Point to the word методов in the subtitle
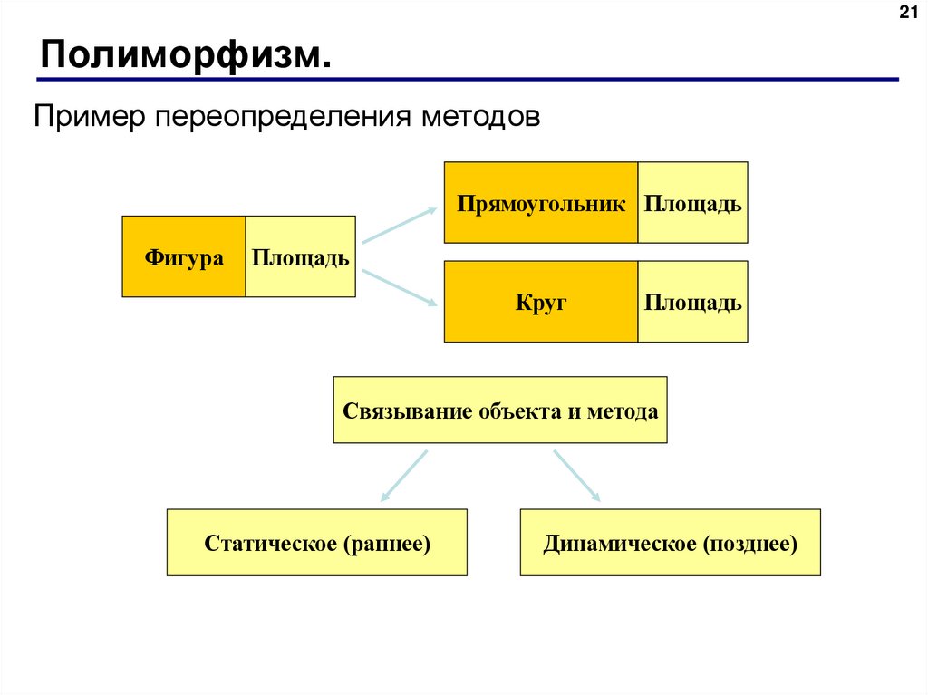[483, 117]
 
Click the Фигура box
[184, 257]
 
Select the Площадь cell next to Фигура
[300, 257]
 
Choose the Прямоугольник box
[541, 203]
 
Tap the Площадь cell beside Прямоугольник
[692, 203]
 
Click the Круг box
[541, 302]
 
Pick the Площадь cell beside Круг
[692, 302]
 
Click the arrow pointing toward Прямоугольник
[400, 224]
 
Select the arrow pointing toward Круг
[400, 289]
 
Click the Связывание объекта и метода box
[500, 410]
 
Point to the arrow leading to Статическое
[403, 475]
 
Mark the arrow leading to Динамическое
[576, 475]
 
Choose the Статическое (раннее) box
[317, 543]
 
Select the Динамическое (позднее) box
[670, 543]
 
